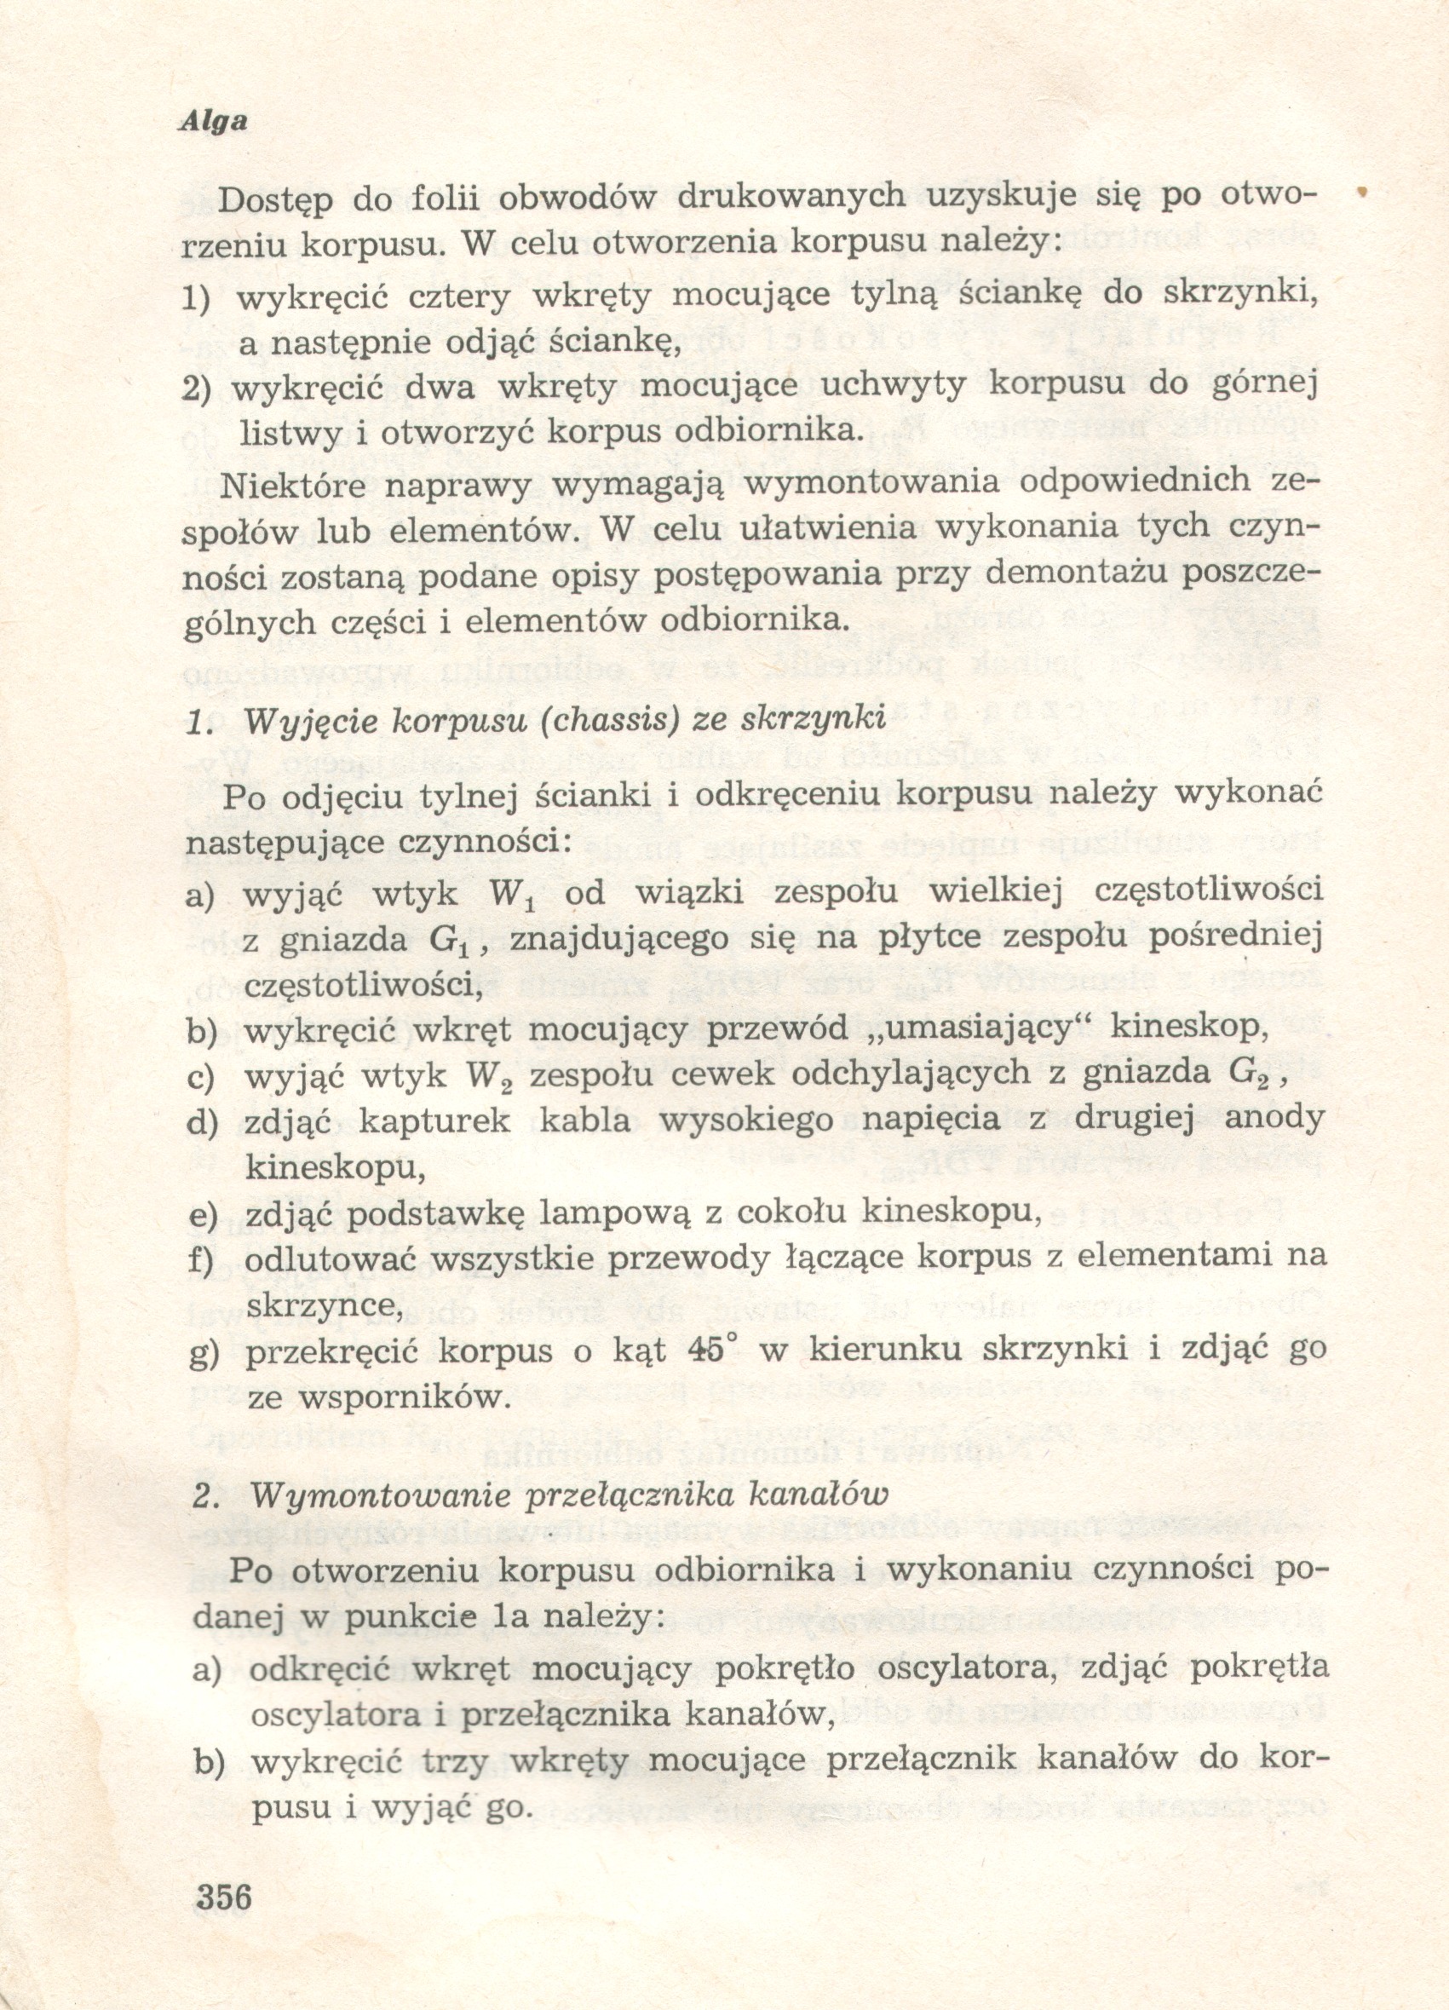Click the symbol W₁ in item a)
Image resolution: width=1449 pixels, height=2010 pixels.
pyautogui.click(x=513, y=893)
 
